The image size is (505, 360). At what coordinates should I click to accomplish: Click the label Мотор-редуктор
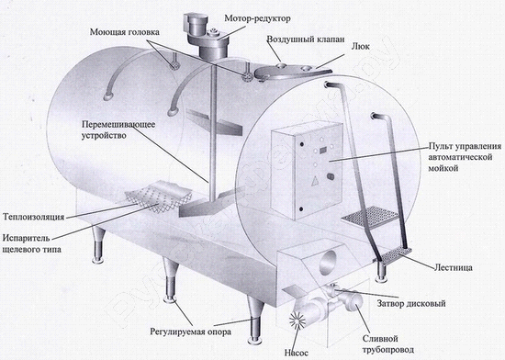257,18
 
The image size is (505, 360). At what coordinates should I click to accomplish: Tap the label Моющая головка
124,32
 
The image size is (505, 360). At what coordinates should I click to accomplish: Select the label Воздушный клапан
306,39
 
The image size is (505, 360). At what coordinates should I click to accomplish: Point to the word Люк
360,46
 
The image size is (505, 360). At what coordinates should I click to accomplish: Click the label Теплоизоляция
33,217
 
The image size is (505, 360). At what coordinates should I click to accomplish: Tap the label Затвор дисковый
411,303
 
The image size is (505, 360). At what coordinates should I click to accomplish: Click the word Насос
296,353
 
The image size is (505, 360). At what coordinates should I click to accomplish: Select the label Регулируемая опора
191,332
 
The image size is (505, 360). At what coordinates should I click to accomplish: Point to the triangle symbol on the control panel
314,182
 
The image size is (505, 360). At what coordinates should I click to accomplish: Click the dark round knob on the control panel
331,176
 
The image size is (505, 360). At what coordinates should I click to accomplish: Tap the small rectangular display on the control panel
323,150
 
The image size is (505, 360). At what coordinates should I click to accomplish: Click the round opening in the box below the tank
327,261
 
